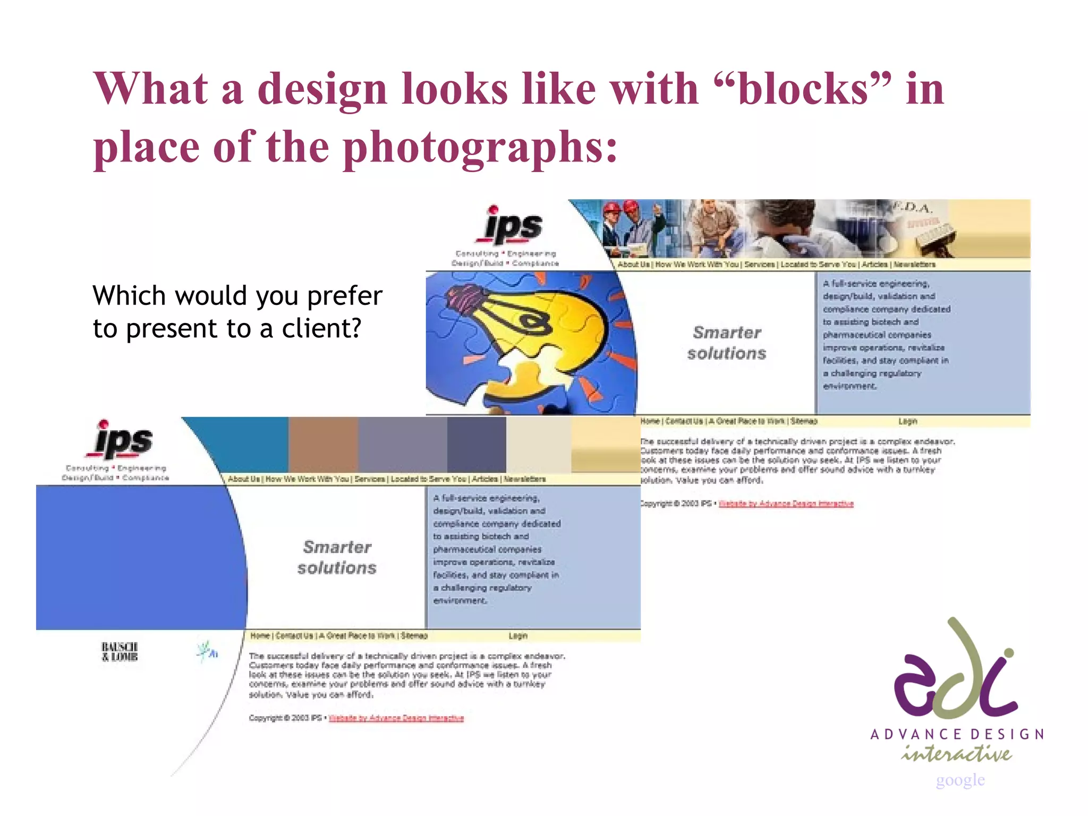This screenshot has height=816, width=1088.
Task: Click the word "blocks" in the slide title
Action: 803,89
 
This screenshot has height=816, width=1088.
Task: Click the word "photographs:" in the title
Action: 481,148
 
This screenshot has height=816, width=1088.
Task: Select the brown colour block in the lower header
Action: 323,444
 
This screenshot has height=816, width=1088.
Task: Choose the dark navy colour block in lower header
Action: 476,444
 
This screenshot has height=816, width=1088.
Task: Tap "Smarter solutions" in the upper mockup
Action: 727,343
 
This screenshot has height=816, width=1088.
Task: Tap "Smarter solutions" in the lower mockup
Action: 337,557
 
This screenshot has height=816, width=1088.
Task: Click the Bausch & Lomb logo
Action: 120,652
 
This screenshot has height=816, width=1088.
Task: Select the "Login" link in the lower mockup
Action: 518,636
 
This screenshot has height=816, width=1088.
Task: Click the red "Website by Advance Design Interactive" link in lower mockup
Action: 396,718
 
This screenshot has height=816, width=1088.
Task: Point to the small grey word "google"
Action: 960,780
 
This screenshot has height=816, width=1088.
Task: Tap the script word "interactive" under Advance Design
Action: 956,754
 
